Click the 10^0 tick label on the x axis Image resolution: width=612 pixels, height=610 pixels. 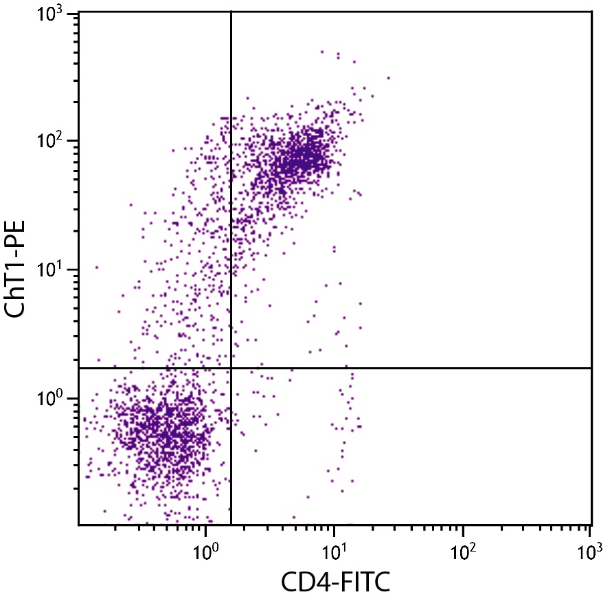(205, 549)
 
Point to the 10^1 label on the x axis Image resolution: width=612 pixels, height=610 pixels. (333, 549)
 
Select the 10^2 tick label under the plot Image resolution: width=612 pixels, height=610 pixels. (462, 549)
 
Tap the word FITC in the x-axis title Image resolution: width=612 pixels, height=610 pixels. (363, 583)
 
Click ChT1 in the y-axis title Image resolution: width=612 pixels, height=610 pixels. (19, 285)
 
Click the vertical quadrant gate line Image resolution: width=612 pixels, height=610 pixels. (231, 206)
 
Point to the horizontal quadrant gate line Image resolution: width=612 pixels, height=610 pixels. (412, 368)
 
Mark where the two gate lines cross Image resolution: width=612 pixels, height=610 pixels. (231, 368)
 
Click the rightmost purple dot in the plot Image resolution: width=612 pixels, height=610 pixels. (388, 78)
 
